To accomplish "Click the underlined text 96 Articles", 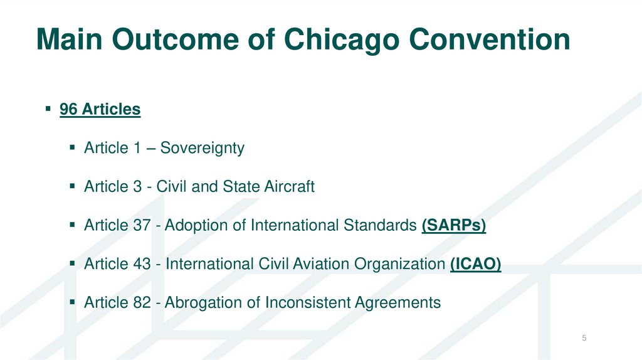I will [100, 109].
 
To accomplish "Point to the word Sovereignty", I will [202, 149].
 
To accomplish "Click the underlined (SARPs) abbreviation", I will [454, 225].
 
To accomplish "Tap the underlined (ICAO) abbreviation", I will [476, 264].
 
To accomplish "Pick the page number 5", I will [584, 339].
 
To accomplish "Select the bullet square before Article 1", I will [73, 149].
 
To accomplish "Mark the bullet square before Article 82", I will [73, 303].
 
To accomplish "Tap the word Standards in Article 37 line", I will [382, 225].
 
